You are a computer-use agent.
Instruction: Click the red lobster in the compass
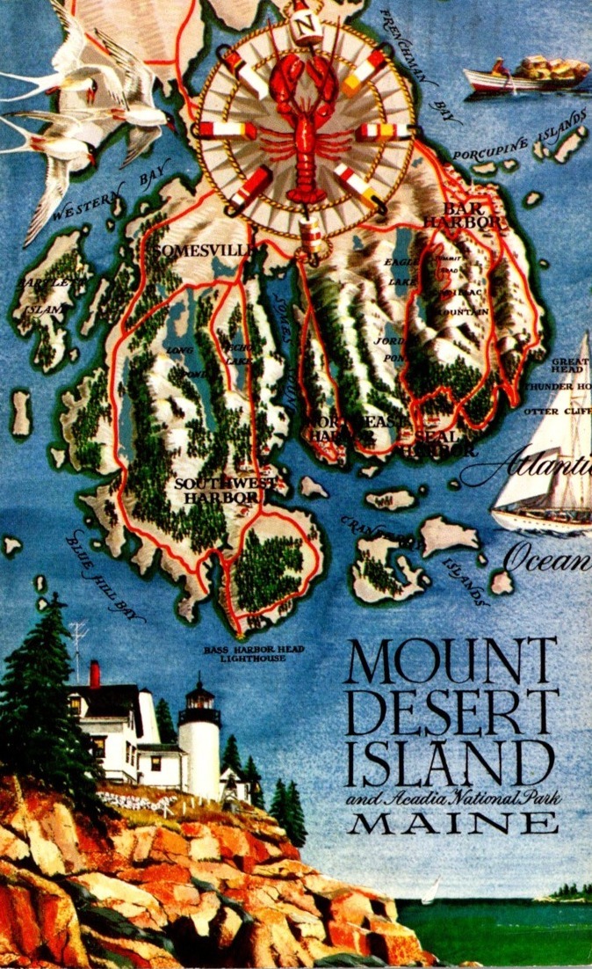point(304,127)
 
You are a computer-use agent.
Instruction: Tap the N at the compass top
point(305,25)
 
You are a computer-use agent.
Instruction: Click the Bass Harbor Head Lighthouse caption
point(254,652)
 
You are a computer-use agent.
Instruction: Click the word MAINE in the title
point(451,823)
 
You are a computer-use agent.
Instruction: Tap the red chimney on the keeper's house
point(95,674)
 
